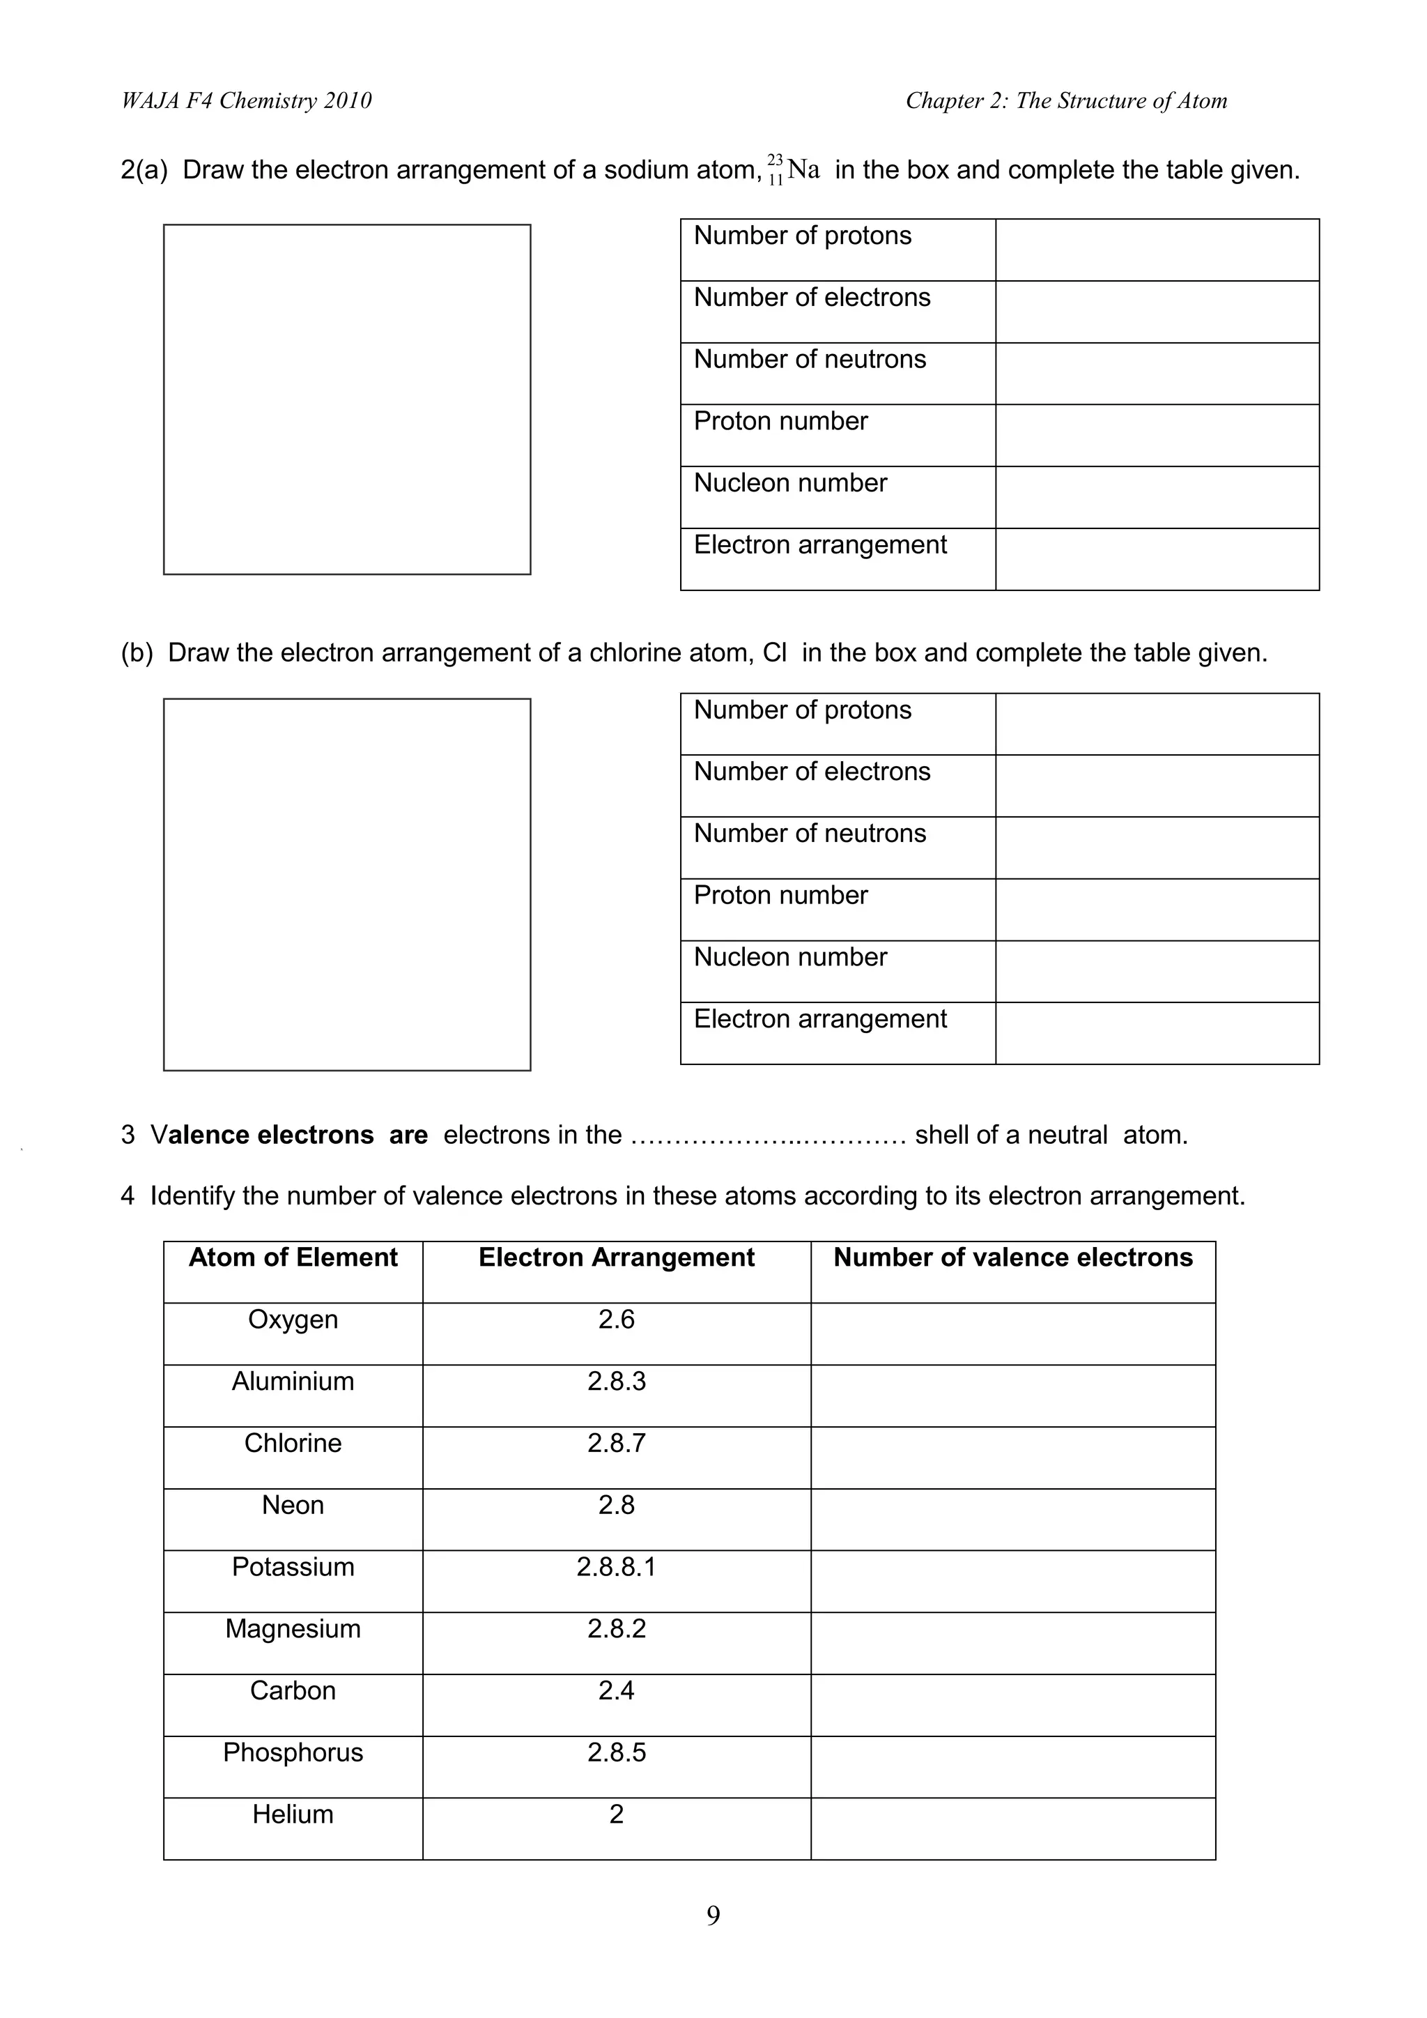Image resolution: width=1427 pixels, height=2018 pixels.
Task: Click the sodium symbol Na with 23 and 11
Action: [x=794, y=169]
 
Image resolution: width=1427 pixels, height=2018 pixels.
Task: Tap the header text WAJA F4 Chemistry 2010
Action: [x=246, y=101]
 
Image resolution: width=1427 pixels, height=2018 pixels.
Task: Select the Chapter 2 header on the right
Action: [x=1066, y=101]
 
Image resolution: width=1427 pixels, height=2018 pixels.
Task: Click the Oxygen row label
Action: [x=293, y=1320]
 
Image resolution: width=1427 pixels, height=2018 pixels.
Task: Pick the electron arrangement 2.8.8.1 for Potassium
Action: [x=616, y=1567]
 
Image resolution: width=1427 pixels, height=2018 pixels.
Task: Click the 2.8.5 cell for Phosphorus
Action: [x=616, y=1752]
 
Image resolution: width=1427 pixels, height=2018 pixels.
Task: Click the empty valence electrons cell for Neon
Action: [x=1012, y=1519]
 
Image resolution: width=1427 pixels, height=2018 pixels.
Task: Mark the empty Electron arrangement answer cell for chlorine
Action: [x=1157, y=1033]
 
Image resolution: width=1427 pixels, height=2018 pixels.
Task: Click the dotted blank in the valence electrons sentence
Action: [x=768, y=1136]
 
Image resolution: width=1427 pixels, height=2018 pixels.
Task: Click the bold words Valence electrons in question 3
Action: [x=262, y=1135]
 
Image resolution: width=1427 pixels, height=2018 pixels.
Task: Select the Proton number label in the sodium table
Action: [x=780, y=421]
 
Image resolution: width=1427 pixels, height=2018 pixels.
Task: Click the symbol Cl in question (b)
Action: [x=774, y=653]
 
